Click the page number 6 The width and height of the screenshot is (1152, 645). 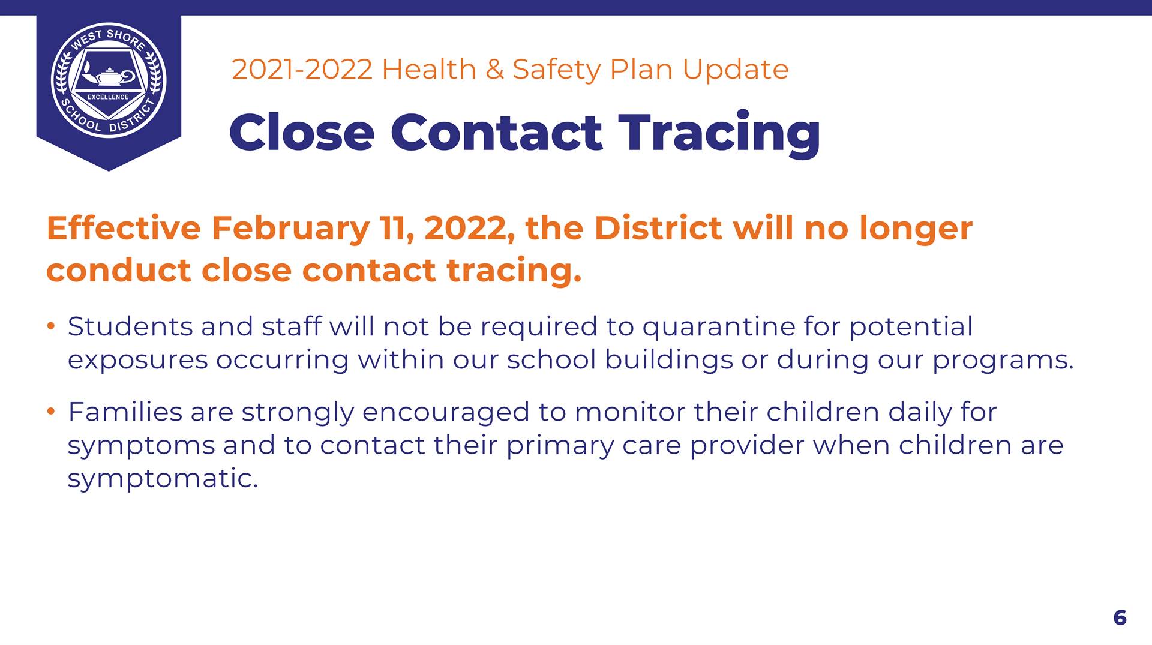point(1120,617)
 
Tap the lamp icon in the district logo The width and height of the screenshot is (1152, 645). point(109,76)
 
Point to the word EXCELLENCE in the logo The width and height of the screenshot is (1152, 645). point(108,97)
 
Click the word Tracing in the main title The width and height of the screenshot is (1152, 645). point(719,134)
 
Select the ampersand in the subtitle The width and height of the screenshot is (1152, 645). point(494,70)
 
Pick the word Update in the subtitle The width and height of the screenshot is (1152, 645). point(735,70)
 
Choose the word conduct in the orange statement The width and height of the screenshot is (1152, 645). point(118,270)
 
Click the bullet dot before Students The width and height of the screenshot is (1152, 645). point(51,326)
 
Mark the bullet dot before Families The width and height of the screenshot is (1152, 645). point(51,412)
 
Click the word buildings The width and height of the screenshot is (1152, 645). point(668,361)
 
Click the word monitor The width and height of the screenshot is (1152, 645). point(629,412)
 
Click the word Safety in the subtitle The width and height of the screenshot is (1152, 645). point(556,70)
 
